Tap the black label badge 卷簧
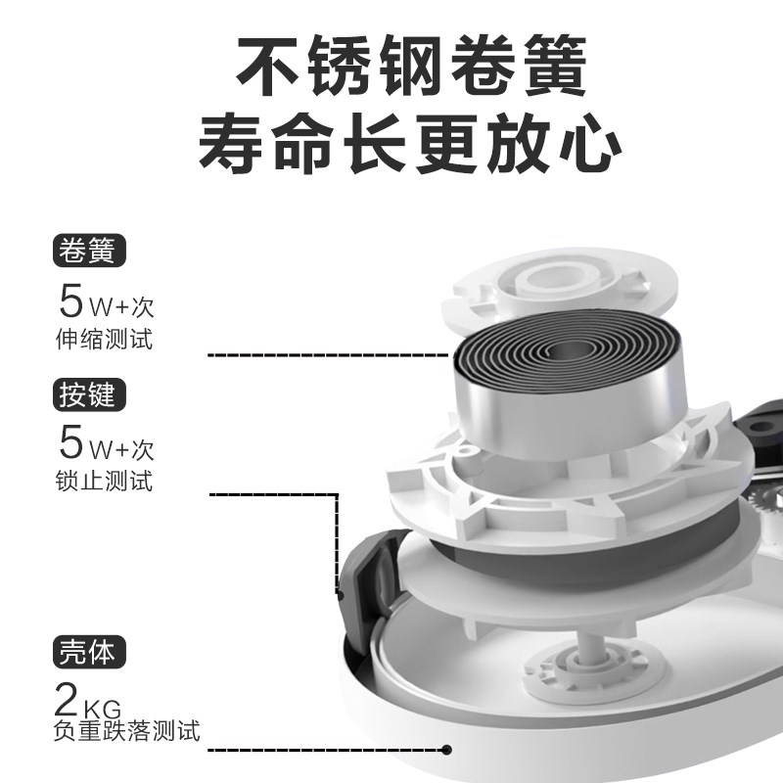89,252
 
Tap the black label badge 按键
89,394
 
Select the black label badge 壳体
89,652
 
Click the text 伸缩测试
106,342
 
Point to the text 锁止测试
106,482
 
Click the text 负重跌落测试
127,730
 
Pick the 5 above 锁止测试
71,442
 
